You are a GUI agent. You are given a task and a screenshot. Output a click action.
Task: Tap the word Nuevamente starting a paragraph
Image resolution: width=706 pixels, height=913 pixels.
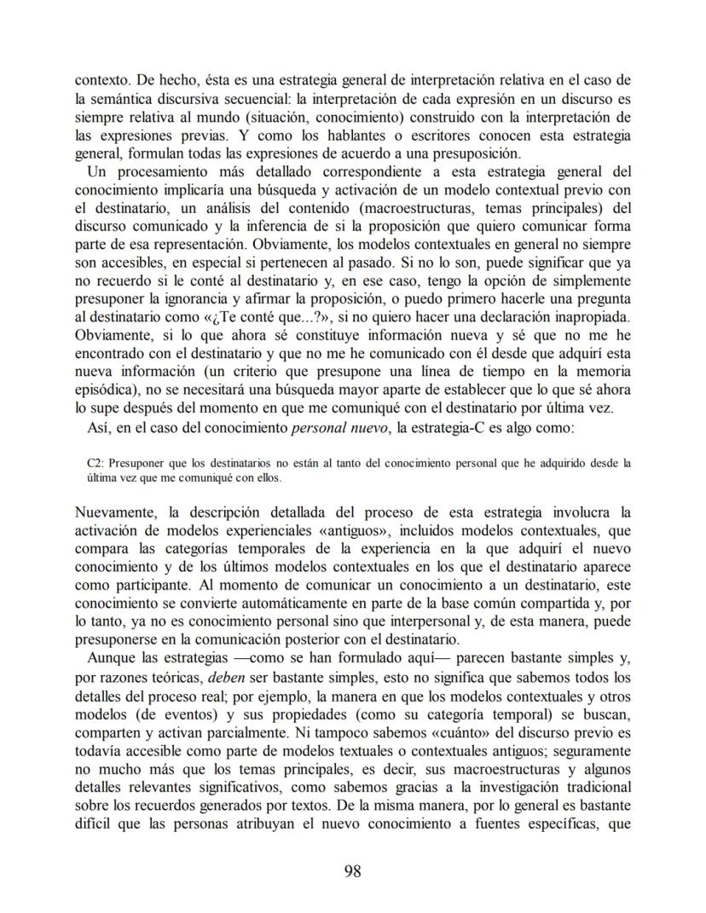pyautogui.click(x=119, y=512)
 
